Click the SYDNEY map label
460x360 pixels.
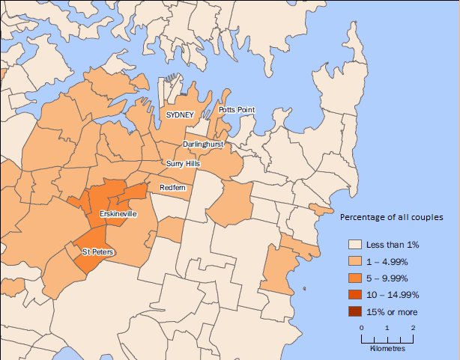[180, 115]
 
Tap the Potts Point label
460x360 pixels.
[237, 109]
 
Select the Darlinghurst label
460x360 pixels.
[203, 143]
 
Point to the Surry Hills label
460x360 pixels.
[183, 163]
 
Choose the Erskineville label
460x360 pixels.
[118, 214]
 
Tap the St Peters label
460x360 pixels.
[98, 252]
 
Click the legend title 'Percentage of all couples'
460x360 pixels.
[392, 218]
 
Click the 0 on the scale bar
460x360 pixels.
[361, 329]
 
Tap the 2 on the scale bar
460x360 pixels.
[413, 329]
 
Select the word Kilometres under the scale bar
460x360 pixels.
[387, 349]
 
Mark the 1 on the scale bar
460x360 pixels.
[387, 329]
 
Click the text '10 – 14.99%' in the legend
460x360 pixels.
[397, 295]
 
